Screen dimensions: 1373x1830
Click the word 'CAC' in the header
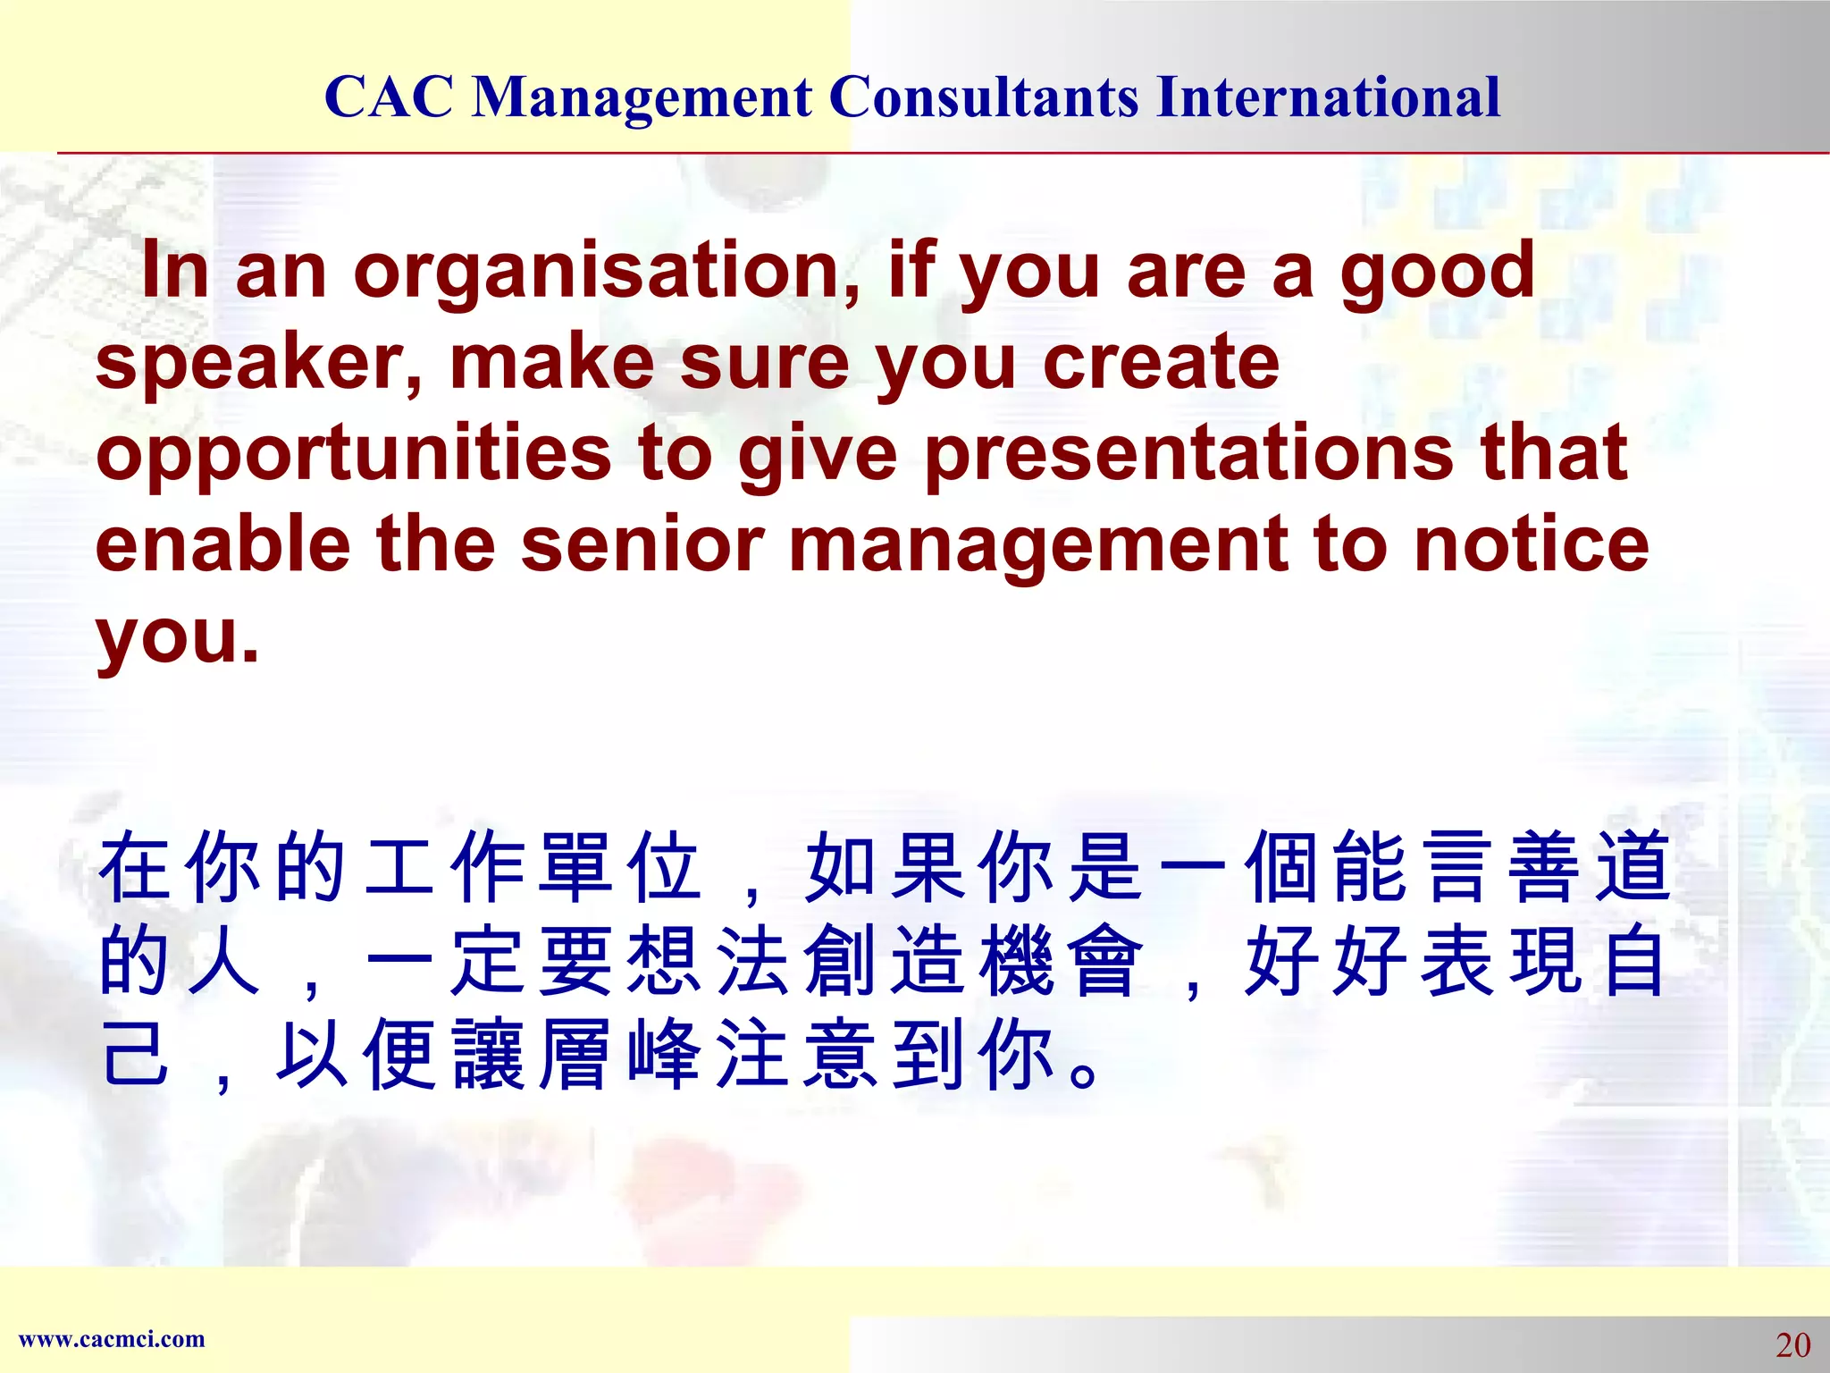click(x=389, y=97)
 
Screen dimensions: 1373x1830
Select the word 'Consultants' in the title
click(x=984, y=97)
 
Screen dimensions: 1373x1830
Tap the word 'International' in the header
click(x=1328, y=97)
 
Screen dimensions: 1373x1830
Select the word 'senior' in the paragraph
click(x=642, y=544)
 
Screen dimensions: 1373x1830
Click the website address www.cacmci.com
click(x=112, y=1339)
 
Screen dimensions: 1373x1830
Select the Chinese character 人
click(x=223, y=960)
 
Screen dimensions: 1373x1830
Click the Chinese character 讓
click(x=487, y=1055)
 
